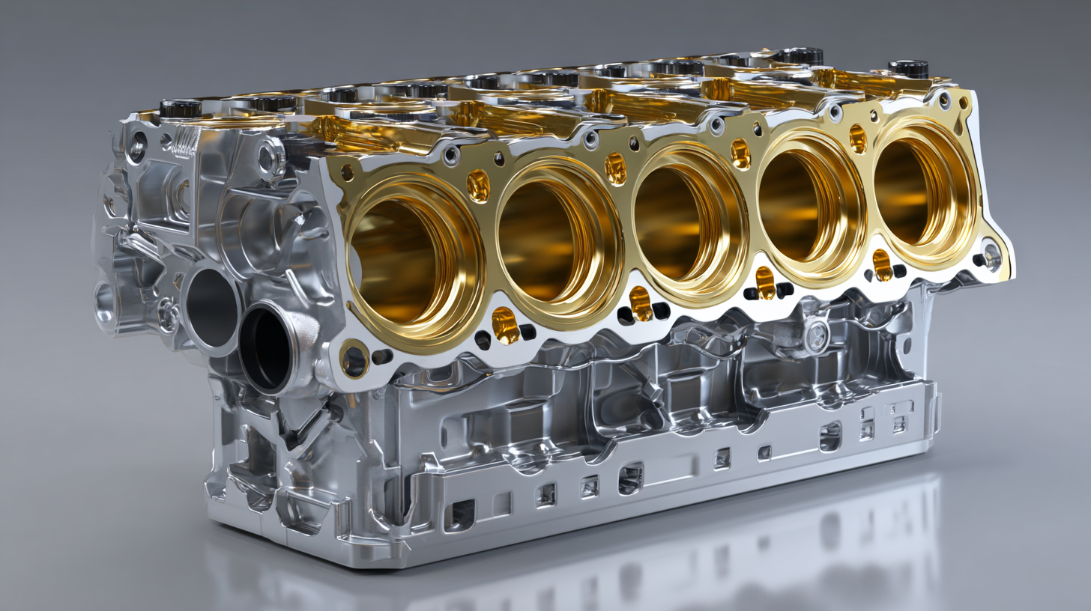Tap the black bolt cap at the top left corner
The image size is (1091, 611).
[x=180, y=109]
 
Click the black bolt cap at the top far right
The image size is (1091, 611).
[x=908, y=68]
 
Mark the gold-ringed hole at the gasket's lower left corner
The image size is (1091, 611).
[x=354, y=360]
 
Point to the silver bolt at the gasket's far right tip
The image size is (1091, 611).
[x=991, y=256]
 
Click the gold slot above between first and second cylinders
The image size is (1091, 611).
[x=478, y=186]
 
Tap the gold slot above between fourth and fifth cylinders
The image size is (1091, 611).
[x=857, y=139]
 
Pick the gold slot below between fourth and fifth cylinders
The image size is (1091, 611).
[x=883, y=263]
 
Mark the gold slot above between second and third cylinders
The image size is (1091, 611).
[x=615, y=168]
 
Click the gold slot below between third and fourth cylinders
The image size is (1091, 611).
[x=764, y=281]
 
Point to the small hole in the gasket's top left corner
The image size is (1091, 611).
[x=347, y=173]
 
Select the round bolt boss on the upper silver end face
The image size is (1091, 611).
[x=270, y=158]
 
